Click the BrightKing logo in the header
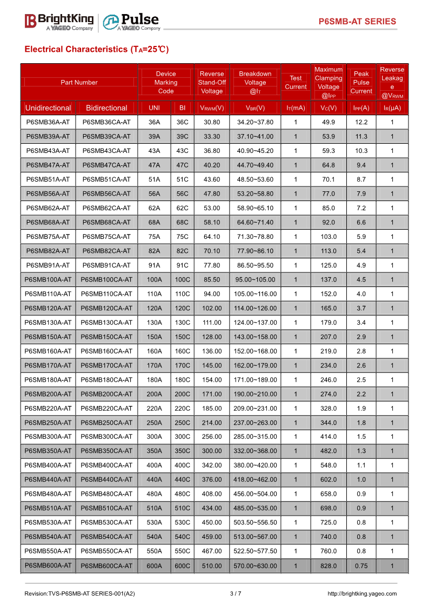point(59,21)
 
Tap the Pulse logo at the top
point(132,22)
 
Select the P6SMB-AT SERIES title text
point(357,22)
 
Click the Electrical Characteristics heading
point(97,49)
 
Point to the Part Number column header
point(79,83)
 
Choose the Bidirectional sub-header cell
point(106,108)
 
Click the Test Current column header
point(296,83)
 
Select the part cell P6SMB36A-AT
point(48,122)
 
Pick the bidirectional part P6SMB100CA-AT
point(106,279)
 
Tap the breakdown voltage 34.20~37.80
point(255,122)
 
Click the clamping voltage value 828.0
point(329,566)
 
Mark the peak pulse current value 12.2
point(361,122)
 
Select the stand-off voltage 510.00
point(212,566)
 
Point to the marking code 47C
point(183,165)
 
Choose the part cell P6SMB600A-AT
point(48,565)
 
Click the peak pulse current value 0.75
point(361,566)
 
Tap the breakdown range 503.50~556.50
point(255,523)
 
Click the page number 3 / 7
point(236,593)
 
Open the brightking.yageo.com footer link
point(362,593)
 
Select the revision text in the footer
point(79,593)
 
